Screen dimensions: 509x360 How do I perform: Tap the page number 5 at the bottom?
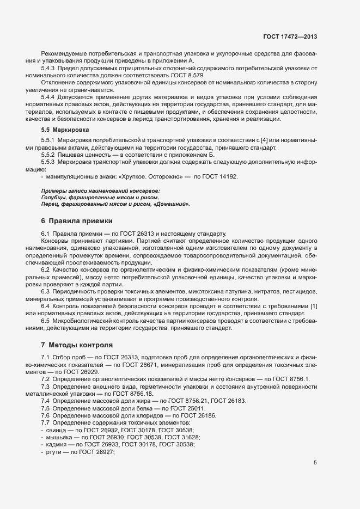[x=315, y=463]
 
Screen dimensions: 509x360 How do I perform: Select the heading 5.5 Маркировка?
[x=61, y=130]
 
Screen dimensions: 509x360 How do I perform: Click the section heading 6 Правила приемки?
[x=77, y=221]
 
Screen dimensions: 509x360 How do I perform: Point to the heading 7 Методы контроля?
[x=77, y=345]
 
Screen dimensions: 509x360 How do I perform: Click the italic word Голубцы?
[x=53, y=197]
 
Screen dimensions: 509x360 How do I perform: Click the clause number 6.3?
[x=45, y=291]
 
